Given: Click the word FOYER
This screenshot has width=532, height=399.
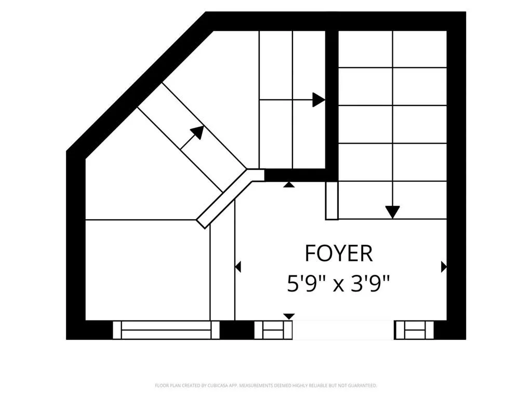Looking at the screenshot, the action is pyautogui.click(x=339, y=253).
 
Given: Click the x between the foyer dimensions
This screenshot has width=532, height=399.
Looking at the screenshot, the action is pyautogui.click(x=339, y=286).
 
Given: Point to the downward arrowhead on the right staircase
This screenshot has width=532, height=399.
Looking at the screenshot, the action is pyautogui.click(x=393, y=212).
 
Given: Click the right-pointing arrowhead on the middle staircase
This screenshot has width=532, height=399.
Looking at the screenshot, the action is pyautogui.click(x=319, y=100).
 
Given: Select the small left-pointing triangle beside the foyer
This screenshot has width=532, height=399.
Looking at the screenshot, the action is pyautogui.click(x=238, y=267).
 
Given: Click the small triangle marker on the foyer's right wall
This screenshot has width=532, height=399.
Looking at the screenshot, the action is pyautogui.click(x=444, y=267).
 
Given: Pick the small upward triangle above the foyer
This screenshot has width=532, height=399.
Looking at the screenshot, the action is pyautogui.click(x=289, y=184).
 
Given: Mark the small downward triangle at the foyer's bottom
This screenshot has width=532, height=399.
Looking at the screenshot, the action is pyautogui.click(x=289, y=316).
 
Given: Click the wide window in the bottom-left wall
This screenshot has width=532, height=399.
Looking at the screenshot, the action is pyautogui.click(x=166, y=330).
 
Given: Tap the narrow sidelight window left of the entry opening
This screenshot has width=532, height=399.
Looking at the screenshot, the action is pyautogui.click(x=273, y=330).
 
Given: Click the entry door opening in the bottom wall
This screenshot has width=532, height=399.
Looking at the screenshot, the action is pyautogui.click(x=343, y=330).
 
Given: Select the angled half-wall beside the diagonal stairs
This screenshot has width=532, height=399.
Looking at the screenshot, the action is pyautogui.click(x=231, y=198).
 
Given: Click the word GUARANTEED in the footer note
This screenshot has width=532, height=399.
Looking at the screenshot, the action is pyautogui.click(x=363, y=386).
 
